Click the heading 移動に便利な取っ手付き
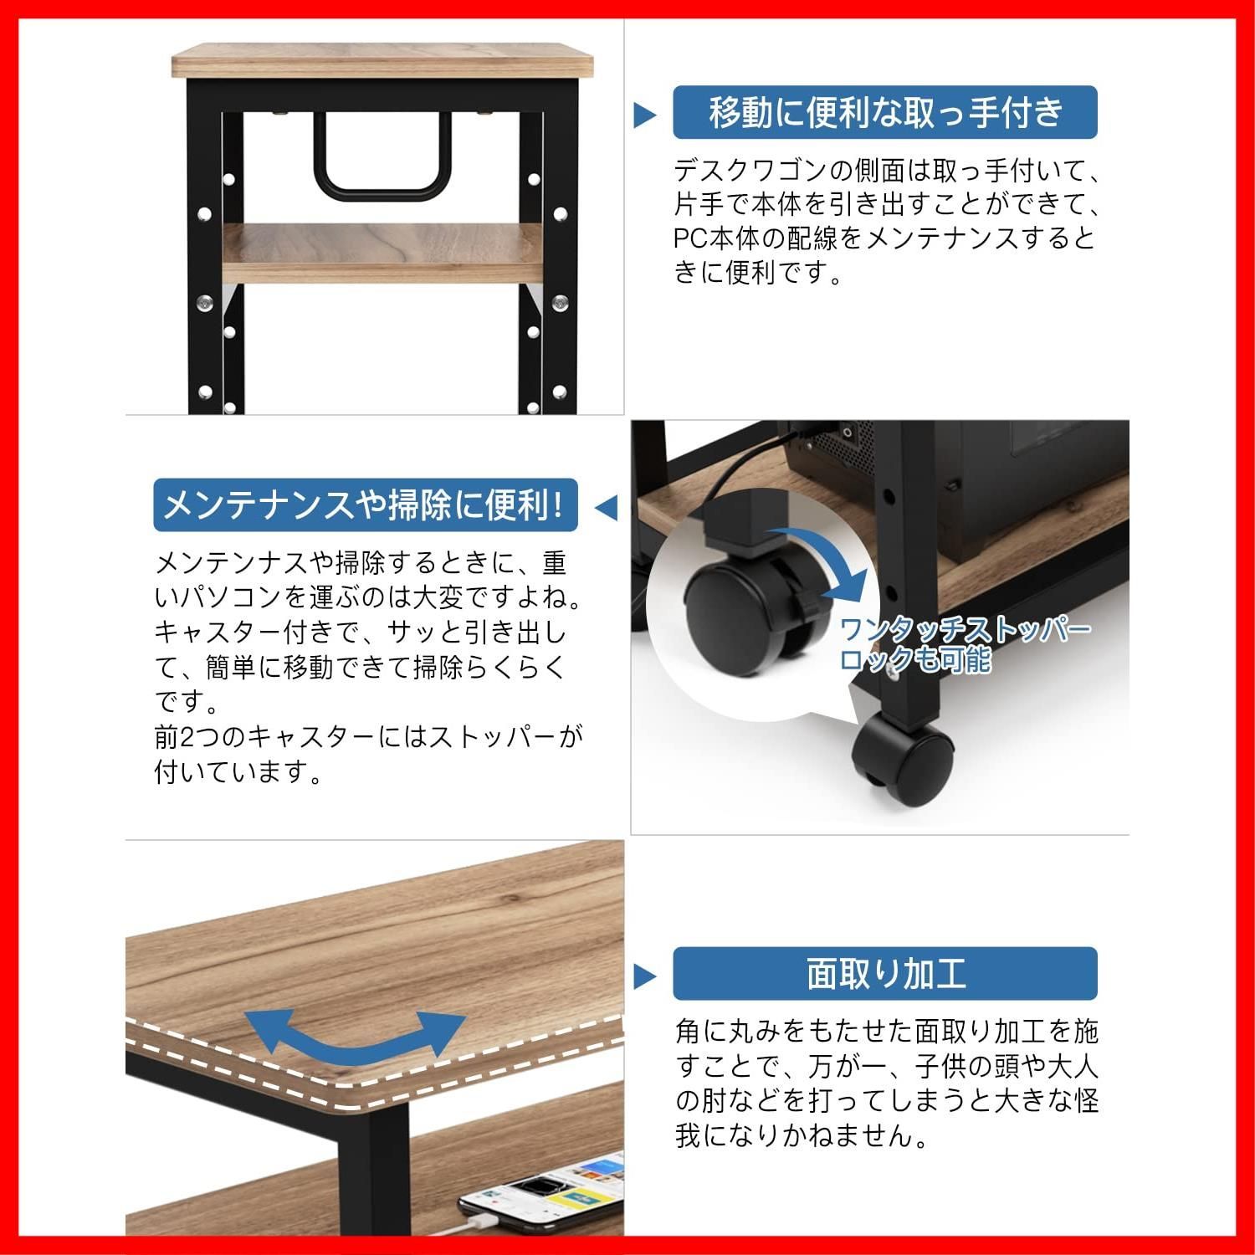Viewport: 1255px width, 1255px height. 886,112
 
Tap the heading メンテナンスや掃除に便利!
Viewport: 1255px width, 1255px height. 365,505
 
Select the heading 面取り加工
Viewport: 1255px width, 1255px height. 886,973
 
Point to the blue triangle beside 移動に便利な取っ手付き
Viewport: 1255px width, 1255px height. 644,115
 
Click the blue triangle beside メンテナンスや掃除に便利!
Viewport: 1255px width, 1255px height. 606,507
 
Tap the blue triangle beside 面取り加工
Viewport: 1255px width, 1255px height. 644,976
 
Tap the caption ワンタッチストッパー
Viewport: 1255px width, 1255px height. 965,629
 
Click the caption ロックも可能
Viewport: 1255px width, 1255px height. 915,659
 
